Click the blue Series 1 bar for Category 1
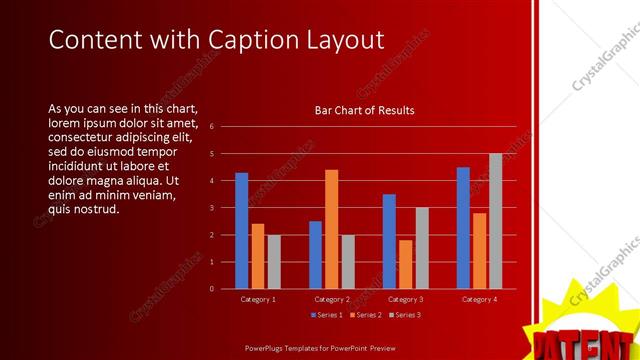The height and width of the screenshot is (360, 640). [x=241, y=231]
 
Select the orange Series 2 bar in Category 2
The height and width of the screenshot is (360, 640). [x=331, y=229]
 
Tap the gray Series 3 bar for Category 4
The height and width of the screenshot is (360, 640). [x=495, y=221]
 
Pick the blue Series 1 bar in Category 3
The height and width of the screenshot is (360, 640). [x=389, y=241]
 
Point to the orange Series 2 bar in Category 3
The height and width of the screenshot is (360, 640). [x=405, y=264]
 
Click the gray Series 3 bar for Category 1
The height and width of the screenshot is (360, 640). [x=274, y=262]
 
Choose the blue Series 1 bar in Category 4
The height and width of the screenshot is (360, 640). [x=463, y=228]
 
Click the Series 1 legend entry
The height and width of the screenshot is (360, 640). [x=326, y=315]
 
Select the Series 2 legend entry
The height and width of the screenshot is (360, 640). [x=365, y=315]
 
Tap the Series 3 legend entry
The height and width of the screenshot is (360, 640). [x=405, y=315]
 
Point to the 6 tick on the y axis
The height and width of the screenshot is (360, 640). [x=212, y=127]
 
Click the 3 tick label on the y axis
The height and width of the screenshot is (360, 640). [x=212, y=208]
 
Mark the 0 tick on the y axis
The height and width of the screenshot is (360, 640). [x=212, y=289]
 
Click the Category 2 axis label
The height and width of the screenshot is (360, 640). [x=331, y=299]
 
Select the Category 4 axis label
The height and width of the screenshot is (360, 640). [x=479, y=299]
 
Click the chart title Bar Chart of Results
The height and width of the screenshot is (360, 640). [x=364, y=110]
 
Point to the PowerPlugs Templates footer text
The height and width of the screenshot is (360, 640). [x=319, y=347]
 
